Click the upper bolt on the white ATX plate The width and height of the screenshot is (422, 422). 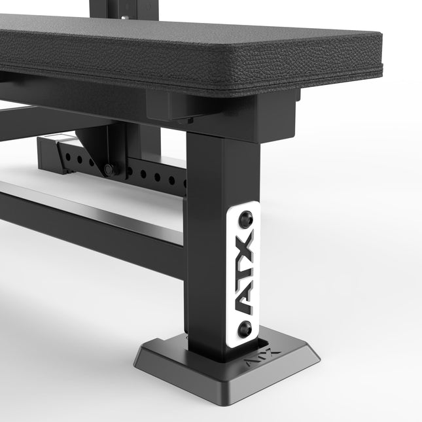point(246,217)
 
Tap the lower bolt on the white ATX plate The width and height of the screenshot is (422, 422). point(245,328)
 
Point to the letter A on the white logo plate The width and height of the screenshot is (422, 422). point(244,301)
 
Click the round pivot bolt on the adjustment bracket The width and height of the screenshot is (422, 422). point(109,169)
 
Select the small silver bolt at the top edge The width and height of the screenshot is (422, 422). point(124,18)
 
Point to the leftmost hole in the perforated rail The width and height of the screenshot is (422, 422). point(68,156)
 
